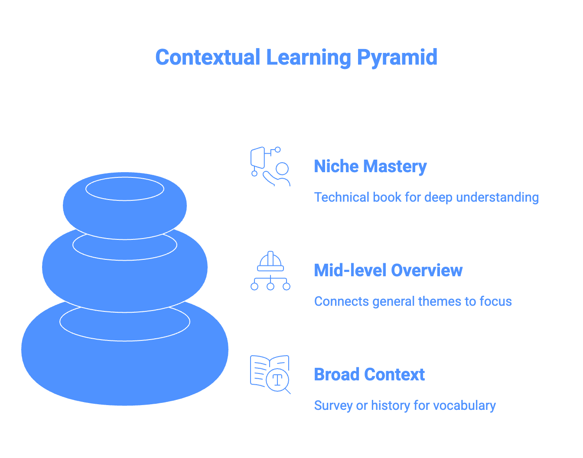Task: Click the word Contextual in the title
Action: click(208, 57)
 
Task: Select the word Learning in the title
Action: click(308, 57)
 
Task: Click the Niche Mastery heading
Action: click(370, 167)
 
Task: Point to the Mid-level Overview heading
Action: click(388, 270)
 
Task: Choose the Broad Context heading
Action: click(369, 374)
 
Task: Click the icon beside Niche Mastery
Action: click(270, 167)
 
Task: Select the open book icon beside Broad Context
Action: click(264, 371)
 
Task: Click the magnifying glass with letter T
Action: click(278, 380)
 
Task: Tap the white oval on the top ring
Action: click(125, 189)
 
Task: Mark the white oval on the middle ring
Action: click(125, 245)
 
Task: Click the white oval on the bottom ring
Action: click(125, 322)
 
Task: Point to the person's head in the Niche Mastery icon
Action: click(282, 169)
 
